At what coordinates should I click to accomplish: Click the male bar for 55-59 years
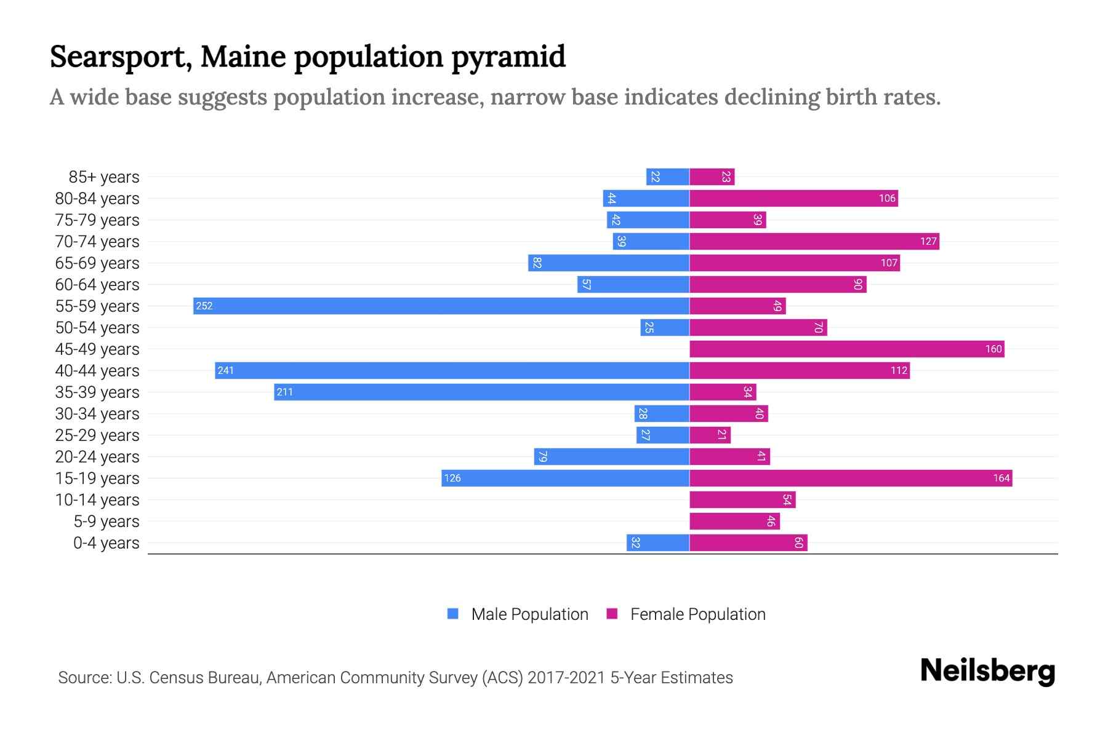pos(441,306)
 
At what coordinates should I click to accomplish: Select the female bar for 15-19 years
pos(851,478)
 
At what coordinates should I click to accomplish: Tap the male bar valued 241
pos(452,370)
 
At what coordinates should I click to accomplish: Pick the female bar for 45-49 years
pos(846,349)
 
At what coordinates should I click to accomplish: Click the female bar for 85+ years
pos(712,177)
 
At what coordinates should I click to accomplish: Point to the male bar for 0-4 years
pos(657,542)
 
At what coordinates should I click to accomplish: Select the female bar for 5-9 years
pos(734,521)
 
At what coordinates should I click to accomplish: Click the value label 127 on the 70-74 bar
pos(928,241)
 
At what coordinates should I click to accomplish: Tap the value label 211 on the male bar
pos(284,392)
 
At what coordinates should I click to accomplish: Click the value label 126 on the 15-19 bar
pos(452,478)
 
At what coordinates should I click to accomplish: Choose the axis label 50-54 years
pos(97,327)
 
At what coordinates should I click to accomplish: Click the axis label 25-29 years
pos(97,435)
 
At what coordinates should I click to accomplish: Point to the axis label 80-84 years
pos(97,198)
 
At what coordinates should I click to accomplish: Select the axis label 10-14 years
pos(97,499)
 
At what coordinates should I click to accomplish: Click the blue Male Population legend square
pos(453,614)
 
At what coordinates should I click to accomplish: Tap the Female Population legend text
pos(697,614)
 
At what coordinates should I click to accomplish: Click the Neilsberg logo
pos(987,671)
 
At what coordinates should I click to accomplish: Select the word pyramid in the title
pos(508,57)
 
